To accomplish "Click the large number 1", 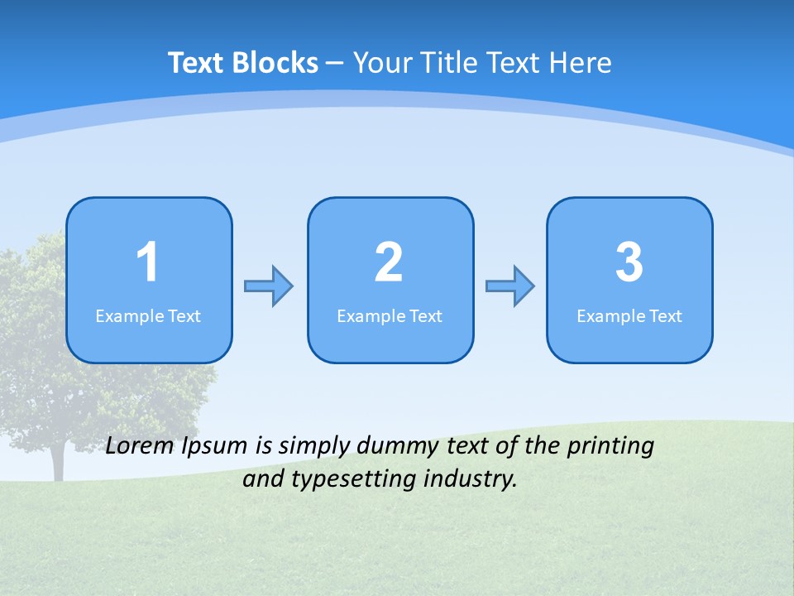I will point(147,262).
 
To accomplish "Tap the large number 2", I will point(389,262).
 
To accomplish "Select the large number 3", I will point(629,262).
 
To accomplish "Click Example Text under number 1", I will point(148,316).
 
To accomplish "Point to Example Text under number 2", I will point(390,316).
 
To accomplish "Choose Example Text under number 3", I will point(629,316).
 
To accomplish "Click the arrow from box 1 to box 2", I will point(269,286).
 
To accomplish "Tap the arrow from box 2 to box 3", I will point(510,286).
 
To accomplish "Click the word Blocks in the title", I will point(275,63).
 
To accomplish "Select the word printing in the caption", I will point(610,447).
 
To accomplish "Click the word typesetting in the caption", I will point(347,479).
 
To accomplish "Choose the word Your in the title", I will point(381,63).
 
